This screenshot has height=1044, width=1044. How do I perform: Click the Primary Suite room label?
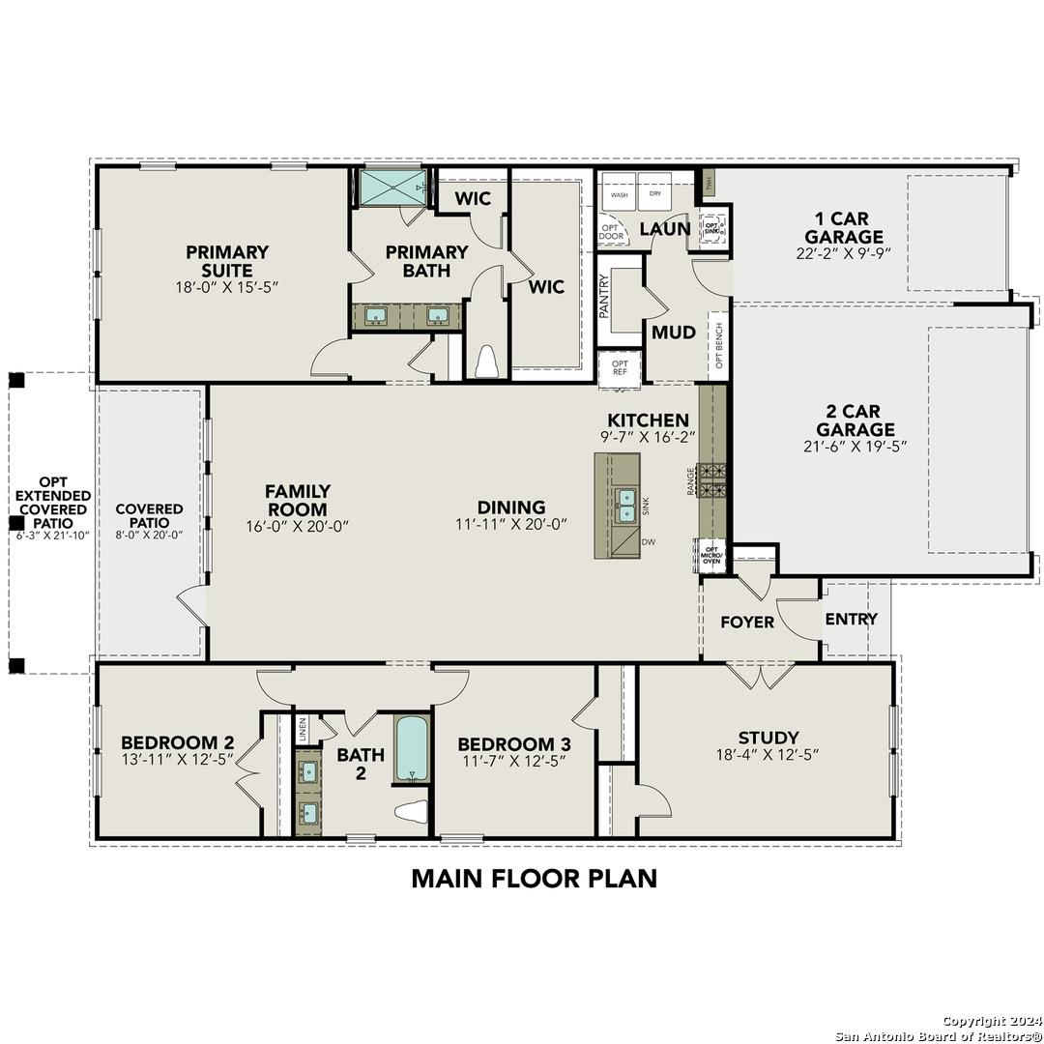[x=227, y=261]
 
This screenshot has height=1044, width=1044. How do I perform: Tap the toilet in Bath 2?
[x=413, y=812]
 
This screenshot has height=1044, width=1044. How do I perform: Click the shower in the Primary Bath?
[x=392, y=188]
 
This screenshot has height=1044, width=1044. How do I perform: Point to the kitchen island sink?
[x=625, y=503]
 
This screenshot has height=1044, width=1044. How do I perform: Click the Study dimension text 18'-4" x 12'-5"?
[x=768, y=756]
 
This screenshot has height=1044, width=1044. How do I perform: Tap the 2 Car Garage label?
[x=855, y=420]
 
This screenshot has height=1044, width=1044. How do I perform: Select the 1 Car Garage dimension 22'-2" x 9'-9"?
[x=844, y=254]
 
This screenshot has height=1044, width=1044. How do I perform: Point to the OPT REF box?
[x=620, y=367]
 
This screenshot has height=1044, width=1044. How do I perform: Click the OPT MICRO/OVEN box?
[x=710, y=555]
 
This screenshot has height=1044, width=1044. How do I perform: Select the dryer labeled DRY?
[x=655, y=193]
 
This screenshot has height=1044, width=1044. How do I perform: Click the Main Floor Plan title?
[x=534, y=878]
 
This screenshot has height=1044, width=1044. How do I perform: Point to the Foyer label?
[x=747, y=622]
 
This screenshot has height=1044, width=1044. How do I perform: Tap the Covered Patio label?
[x=149, y=515]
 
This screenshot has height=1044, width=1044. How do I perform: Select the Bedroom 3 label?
[x=513, y=743]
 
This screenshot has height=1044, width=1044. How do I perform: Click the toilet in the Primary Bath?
[x=485, y=361]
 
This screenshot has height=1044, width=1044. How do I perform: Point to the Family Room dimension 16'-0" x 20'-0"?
[x=297, y=526]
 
